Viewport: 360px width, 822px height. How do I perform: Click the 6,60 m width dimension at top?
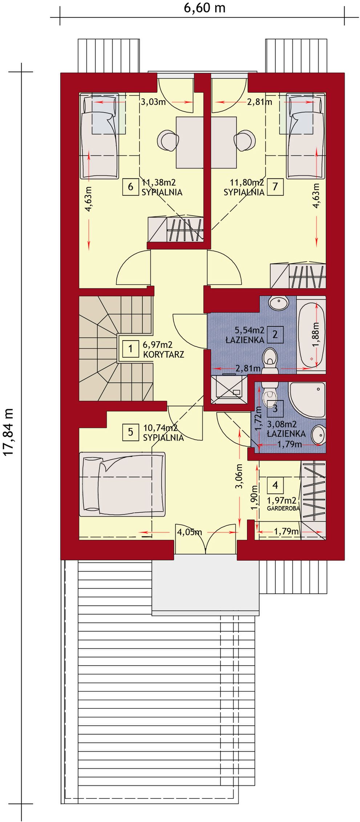click(204, 8)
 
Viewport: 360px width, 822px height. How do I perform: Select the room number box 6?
click(130, 187)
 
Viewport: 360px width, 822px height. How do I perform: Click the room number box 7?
click(275, 187)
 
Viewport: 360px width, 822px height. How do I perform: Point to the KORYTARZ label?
click(163, 354)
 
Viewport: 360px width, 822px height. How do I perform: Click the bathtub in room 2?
click(312, 334)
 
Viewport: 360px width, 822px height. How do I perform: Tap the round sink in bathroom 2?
click(278, 301)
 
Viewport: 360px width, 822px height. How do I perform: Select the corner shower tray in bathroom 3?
click(307, 399)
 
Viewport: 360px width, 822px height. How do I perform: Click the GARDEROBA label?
click(283, 509)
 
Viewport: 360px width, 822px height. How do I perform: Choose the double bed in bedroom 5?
click(122, 484)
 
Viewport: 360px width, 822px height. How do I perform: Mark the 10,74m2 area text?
click(160, 428)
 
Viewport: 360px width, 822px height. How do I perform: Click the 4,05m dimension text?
click(189, 532)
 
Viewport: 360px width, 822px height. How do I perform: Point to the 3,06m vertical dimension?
click(239, 476)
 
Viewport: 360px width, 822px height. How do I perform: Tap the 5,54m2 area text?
click(249, 330)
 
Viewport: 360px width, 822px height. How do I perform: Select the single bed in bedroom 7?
click(304, 136)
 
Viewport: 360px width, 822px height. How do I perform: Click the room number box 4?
click(275, 485)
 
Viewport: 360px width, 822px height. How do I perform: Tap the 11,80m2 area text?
click(247, 182)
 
